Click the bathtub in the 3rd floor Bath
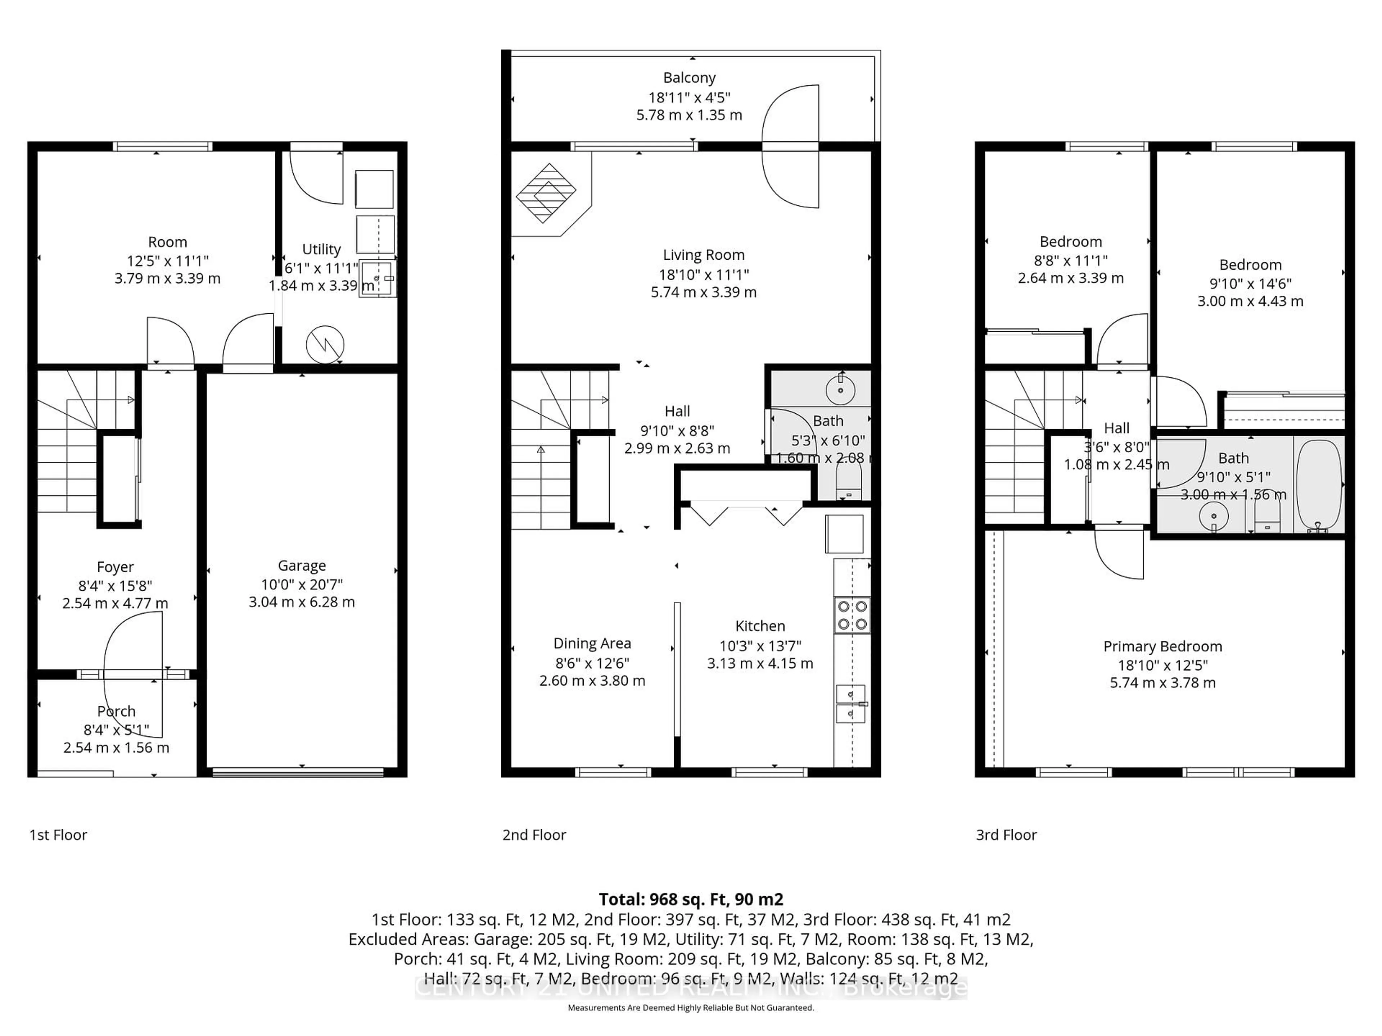click(1319, 485)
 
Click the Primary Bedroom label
click(1162, 646)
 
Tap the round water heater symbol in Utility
click(325, 344)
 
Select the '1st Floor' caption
click(58, 835)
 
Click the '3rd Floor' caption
click(1006, 835)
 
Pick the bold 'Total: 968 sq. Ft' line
click(690, 899)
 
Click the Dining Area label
click(592, 643)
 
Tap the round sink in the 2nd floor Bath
click(840, 390)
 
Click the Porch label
click(116, 711)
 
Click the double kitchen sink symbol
click(850, 704)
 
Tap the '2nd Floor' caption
click(534, 835)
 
